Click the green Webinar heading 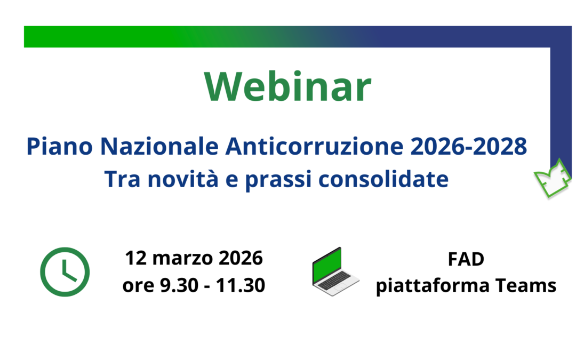(287, 87)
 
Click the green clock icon (65, 272)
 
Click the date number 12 (136, 259)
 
